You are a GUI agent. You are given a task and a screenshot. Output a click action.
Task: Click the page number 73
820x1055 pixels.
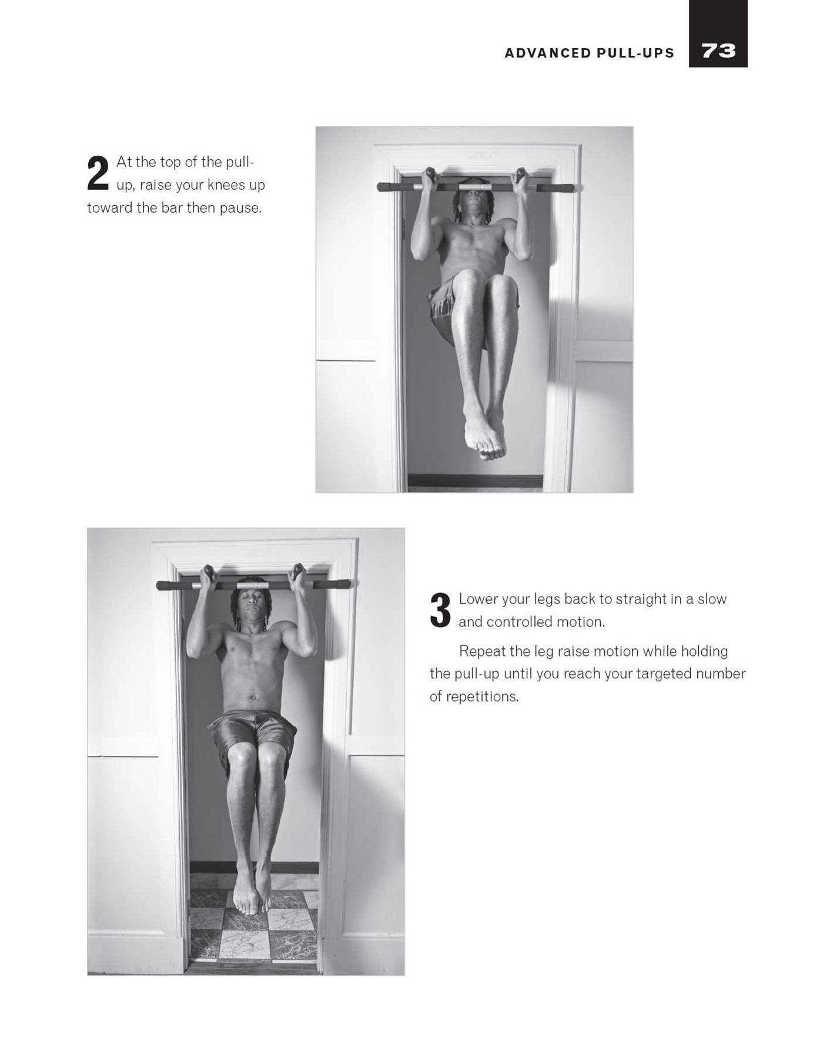718,51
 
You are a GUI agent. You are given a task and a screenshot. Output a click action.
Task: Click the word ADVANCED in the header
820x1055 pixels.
548,53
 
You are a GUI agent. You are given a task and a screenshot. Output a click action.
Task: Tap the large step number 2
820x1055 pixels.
98,173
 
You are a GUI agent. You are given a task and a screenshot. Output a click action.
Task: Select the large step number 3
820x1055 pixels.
440,611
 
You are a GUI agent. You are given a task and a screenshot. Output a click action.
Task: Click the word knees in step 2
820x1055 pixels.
223,185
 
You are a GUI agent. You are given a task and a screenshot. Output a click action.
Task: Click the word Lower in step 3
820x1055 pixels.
478,599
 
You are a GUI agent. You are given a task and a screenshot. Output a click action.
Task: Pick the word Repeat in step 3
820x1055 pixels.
481,651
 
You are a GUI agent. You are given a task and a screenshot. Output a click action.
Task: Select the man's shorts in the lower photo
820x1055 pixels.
253,736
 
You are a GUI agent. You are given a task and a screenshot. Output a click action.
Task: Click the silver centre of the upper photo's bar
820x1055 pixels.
476,187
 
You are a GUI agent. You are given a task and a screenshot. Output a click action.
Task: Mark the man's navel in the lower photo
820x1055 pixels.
253,698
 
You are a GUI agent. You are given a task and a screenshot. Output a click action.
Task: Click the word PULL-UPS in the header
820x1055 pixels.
636,53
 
